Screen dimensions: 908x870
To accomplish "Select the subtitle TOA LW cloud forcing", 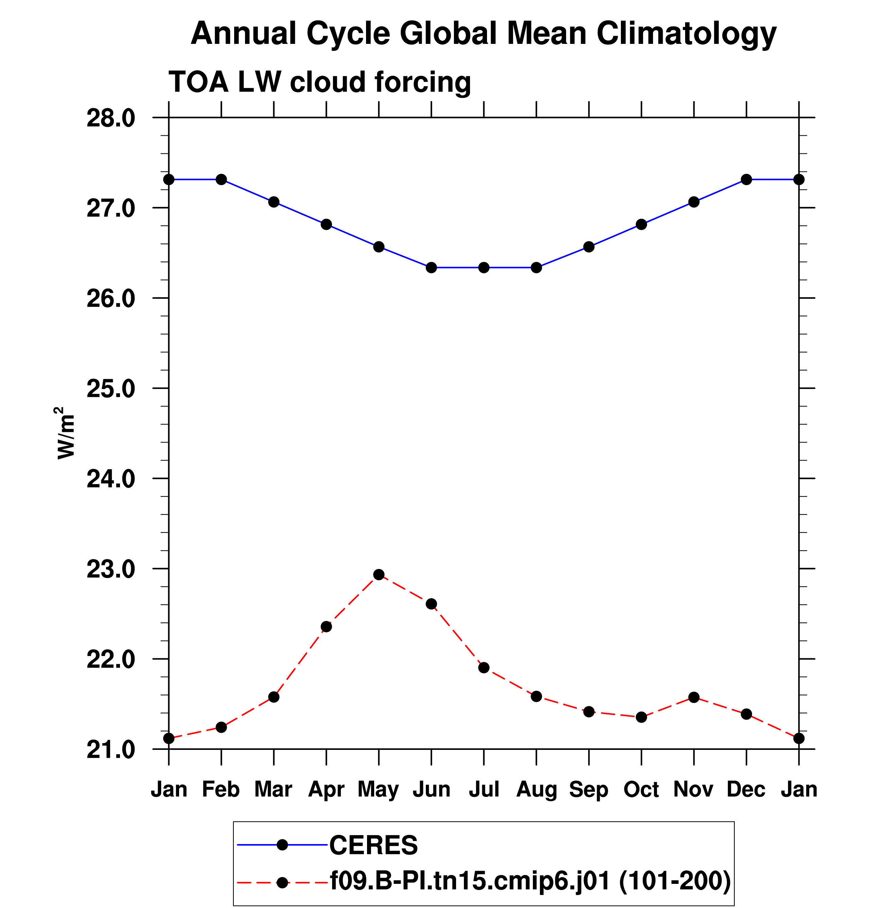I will [319, 82].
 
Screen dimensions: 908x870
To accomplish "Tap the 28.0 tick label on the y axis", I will [111, 118].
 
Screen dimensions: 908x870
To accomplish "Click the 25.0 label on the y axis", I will [111, 389].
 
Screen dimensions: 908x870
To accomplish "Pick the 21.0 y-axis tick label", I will [111, 750].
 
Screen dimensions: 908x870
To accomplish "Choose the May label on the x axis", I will [378, 789].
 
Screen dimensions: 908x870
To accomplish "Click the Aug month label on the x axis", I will [536, 789].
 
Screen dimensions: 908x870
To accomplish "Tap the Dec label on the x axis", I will [746, 789].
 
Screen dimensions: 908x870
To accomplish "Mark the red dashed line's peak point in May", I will [379, 574].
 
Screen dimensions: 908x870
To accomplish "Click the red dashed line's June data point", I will [431, 604].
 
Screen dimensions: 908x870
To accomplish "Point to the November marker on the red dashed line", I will [694, 697].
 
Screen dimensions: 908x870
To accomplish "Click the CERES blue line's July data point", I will [484, 268].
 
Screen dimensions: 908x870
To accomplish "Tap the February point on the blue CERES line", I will [221, 179].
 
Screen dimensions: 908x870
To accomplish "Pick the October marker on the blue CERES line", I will [641, 224].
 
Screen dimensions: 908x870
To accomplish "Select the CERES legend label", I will [373, 845].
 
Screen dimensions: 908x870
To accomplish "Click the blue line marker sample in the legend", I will [282, 845].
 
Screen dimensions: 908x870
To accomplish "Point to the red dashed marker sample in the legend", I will [282, 882].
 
